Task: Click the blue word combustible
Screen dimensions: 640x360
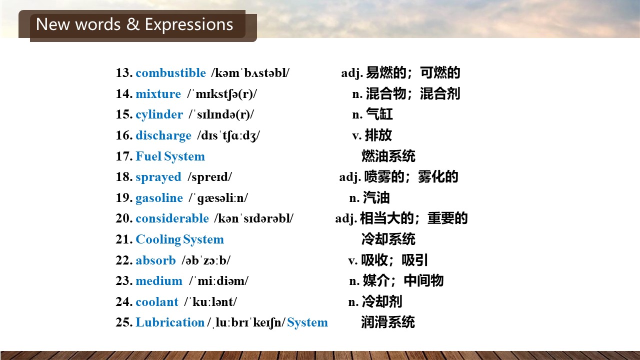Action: pyautogui.click(x=170, y=73)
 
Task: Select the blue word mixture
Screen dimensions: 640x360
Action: pyautogui.click(x=158, y=93)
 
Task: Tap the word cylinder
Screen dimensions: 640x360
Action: pyautogui.click(x=159, y=115)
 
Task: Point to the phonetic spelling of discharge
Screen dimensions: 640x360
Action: pyautogui.click(x=228, y=135)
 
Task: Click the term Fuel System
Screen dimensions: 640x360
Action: pyautogui.click(x=170, y=156)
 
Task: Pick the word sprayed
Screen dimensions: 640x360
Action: pyautogui.click(x=158, y=177)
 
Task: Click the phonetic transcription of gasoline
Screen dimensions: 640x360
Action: pyautogui.click(x=218, y=198)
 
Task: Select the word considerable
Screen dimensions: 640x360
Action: pyautogui.click(x=172, y=218)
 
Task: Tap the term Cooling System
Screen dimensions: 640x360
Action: pyautogui.click(x=179, y=239)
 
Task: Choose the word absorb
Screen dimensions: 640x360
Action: pyautogui.click(x=155, y=260)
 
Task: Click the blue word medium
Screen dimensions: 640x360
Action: pyautogui.click(x=159, y=281)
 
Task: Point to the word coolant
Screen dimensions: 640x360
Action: pyautogui.click(x=157, y=301)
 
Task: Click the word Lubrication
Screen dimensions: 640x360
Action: pyautogui.click(x=170, y=322)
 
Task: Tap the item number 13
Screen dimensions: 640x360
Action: pyautogui.click(x=124, y=73)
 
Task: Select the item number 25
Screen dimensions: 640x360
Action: pyautogui.click(x=124, y=322)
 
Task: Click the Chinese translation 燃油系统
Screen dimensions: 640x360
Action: pyautogui.click(x=388, y=156)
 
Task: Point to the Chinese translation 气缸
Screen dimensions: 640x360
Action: pyautogui.click(x=379, y=114)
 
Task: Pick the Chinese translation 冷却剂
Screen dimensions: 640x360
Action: pyautogui.click(x=382, y=301)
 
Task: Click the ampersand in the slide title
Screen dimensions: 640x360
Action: pyautogui.click(x=133, y=24)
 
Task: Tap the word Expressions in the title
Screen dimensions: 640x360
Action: pyautogui.click(x=189, y=24)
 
